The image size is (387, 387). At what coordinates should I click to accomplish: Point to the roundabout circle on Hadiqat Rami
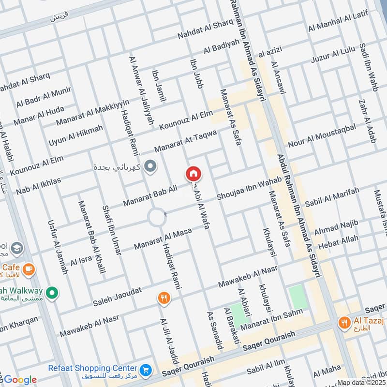point(157,217)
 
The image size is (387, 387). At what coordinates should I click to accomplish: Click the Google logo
point(19,380)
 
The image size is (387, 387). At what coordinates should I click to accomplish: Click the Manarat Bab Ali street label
point(150,195)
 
